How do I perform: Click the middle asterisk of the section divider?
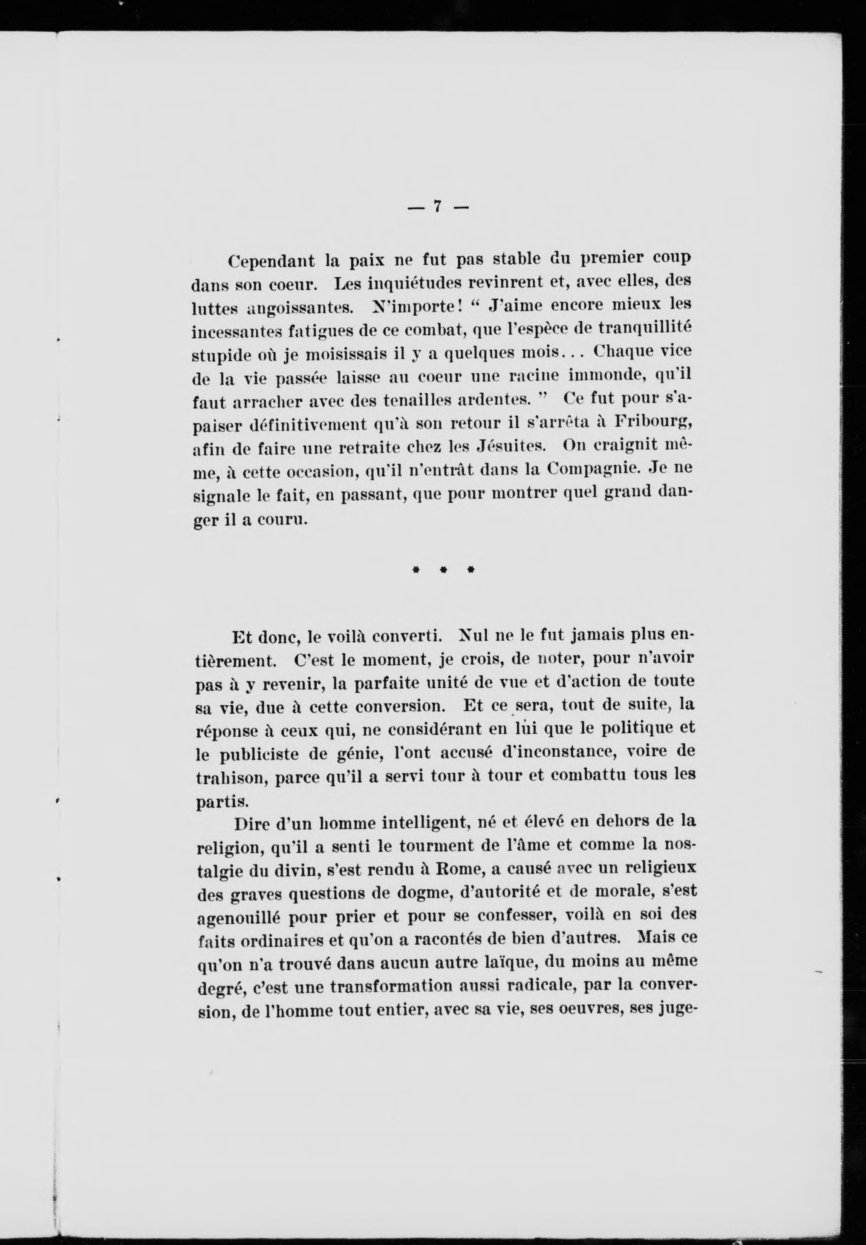(x=443, y=570)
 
